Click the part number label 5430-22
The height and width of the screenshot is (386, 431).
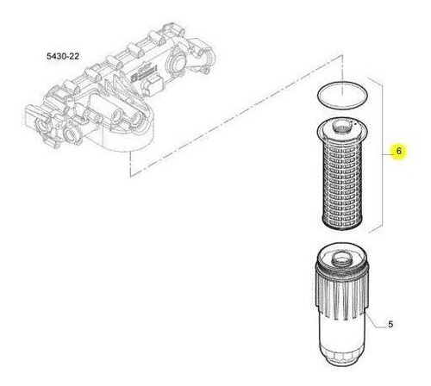[63, 56]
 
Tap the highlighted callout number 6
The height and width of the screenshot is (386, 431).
[398, 151]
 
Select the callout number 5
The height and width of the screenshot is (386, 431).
[390, 325]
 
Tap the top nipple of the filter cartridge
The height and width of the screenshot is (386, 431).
[342, 127]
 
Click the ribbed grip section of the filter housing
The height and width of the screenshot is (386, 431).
[341, 293]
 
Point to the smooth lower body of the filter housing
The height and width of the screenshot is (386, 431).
[341, 334]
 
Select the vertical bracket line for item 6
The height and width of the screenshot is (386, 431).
[383, 155]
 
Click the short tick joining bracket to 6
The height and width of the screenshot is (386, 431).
[388, 154]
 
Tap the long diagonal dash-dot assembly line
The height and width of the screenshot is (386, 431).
[235, 117]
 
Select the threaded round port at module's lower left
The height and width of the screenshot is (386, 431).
[71, 134]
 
